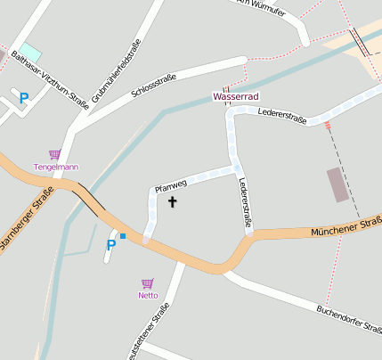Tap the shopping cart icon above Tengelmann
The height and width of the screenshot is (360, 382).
[x=54, y=154]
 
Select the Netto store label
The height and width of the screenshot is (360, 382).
[x=147, y=295]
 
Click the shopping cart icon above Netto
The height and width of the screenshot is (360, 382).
[x=147, y=282]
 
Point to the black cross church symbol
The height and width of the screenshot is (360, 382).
[x=172, y=202]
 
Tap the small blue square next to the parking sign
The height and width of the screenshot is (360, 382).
[x=123, y=236]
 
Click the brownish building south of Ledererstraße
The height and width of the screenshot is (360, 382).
[x=337, y=184]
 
